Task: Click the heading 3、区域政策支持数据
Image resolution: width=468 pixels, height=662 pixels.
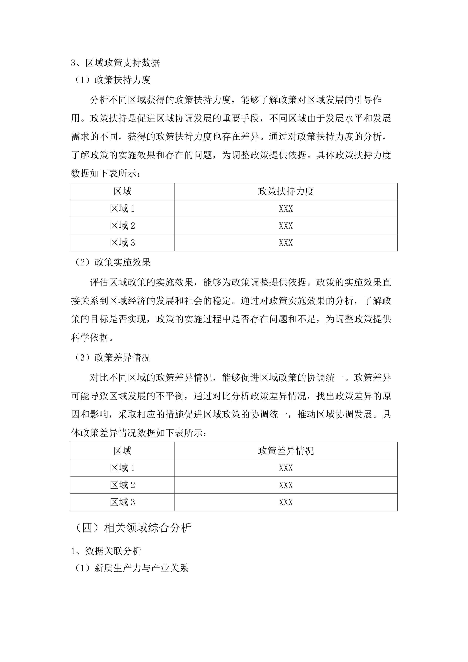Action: tap(115, 63)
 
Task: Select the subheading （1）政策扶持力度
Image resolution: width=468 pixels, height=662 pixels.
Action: tap(112, 80)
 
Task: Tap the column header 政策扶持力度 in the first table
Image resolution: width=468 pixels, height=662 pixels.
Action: tap(286, 191)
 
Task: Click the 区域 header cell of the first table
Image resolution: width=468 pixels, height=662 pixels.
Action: tap(122, 191)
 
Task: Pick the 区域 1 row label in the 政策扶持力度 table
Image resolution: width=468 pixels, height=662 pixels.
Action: tap(122, 209)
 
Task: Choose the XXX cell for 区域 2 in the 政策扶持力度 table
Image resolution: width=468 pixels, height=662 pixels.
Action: tap(286, 226)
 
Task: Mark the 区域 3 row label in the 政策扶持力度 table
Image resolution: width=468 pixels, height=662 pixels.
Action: tap(122, 243)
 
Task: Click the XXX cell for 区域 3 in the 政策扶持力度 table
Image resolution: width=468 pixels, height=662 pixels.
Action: tap(286, 243)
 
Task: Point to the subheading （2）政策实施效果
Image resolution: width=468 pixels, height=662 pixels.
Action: tap(112, 262)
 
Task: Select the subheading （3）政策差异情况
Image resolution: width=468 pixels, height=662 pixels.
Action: tap(112, 358)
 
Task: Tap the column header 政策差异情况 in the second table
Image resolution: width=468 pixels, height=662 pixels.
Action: tap(286, 451)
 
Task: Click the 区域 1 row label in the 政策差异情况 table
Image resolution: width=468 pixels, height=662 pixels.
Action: tap(122, 468)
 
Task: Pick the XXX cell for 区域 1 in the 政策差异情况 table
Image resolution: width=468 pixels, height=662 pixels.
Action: tap(286, 468)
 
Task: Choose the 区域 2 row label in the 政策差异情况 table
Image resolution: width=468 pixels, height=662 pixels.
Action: tap(122, 485)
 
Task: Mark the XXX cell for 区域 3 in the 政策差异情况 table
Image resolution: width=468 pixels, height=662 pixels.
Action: tap(286, 502)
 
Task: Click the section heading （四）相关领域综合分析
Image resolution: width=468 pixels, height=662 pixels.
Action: tap(133, 528)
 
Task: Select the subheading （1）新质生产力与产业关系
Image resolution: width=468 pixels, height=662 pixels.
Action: tap(131, 568)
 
